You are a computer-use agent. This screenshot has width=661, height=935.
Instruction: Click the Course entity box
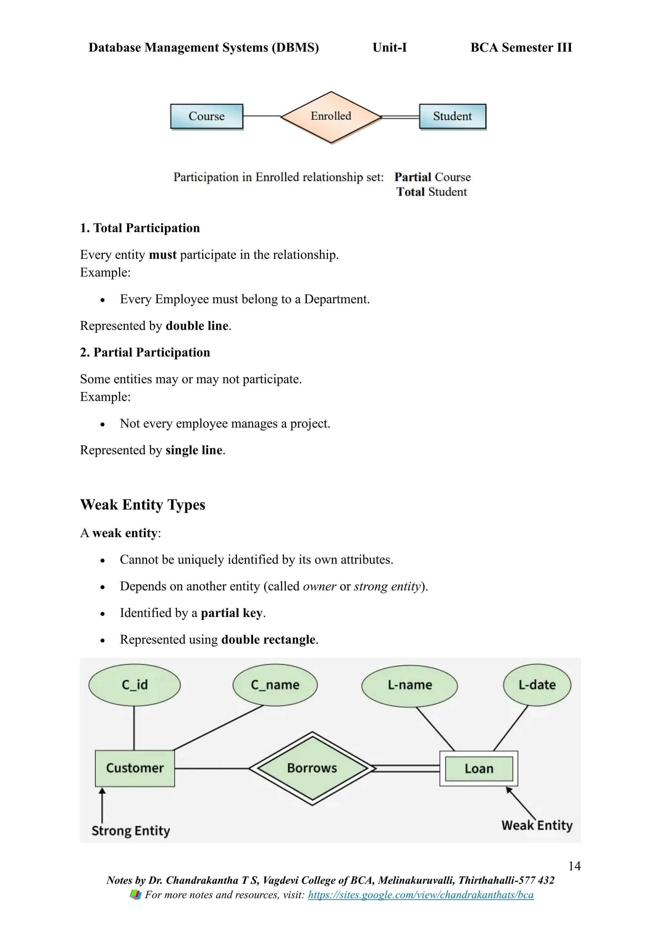206,117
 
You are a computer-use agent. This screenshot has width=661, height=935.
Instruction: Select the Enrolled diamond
331,117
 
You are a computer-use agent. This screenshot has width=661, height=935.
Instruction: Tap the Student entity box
452,117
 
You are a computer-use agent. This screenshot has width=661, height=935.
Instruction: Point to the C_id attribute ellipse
134,685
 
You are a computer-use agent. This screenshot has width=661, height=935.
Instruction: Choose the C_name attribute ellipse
275,685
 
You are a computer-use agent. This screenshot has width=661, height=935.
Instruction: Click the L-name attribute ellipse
410,685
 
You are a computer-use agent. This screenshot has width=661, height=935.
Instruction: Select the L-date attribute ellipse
537,685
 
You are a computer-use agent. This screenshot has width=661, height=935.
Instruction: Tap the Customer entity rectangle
135,768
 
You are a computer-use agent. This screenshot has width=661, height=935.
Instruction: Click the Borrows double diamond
312,768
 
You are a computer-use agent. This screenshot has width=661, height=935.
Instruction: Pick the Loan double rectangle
479,768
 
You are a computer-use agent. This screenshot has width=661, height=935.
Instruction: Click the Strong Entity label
131,831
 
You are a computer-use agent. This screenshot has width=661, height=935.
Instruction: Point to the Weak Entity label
537,826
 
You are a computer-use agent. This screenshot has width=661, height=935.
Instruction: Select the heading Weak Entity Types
142,505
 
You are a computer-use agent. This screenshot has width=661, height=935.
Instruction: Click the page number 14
574,866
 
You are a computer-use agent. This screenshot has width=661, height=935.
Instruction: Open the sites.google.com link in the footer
421,895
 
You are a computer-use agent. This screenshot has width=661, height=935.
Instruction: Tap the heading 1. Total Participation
140,228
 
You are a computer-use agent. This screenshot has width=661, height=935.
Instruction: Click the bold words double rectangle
268,640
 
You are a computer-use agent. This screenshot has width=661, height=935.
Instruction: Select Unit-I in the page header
390,48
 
